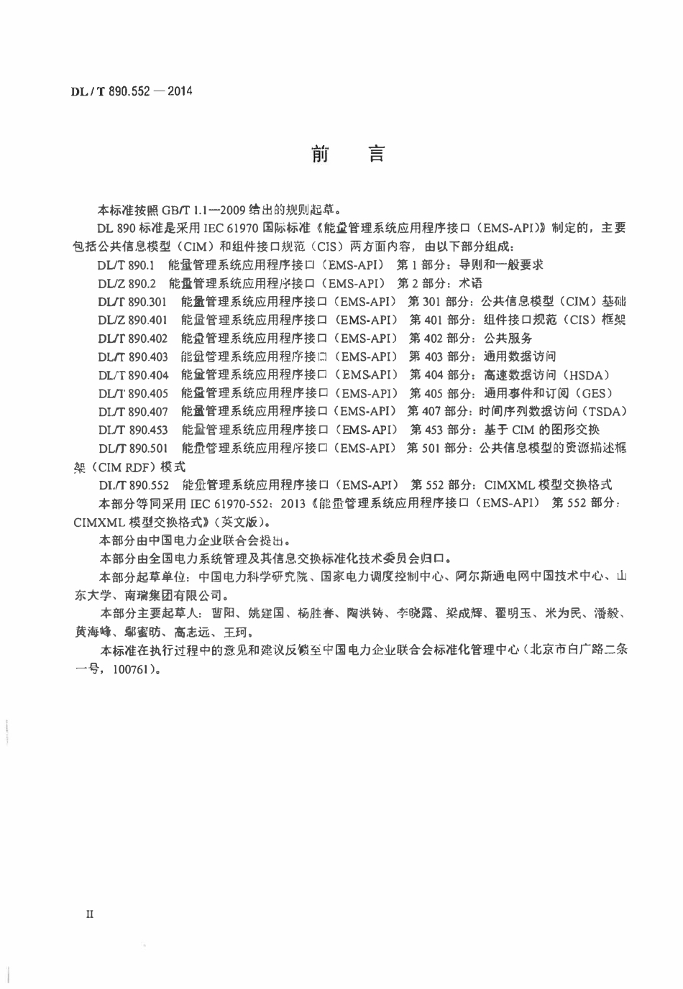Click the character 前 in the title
click(320, 154)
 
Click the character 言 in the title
click(375, 154)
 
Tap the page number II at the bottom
click(90, 914)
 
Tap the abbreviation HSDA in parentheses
click(587, 374)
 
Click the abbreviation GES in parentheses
click(592, 393)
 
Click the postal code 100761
click(132, 668)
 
